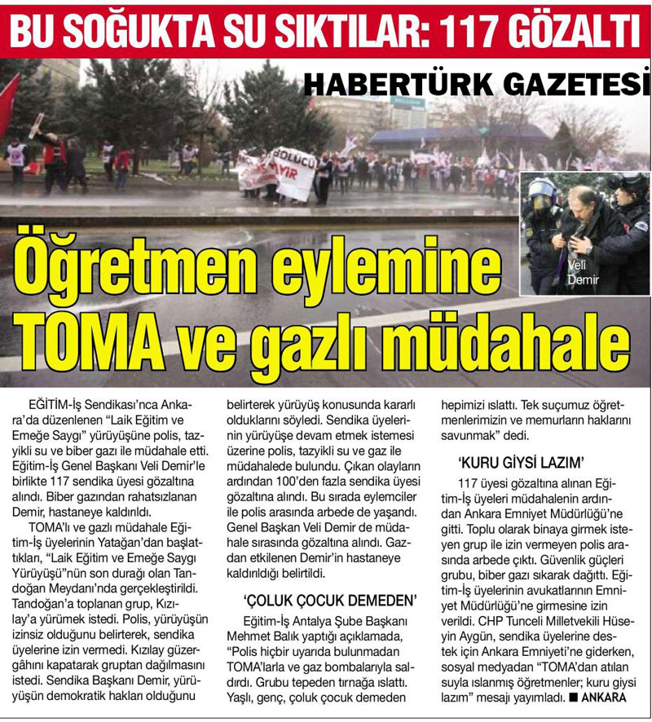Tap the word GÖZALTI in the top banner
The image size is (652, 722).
[578, 29]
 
